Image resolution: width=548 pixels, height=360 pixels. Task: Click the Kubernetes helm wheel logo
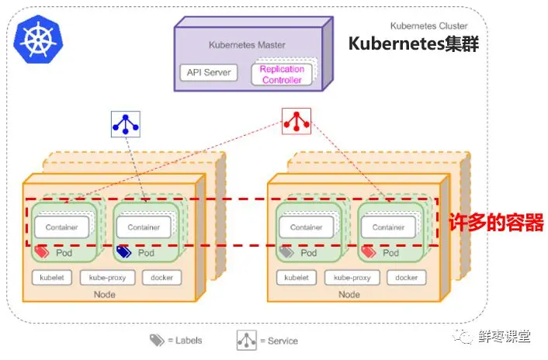pos(38,39)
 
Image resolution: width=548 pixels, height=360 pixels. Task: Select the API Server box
pos(209,73)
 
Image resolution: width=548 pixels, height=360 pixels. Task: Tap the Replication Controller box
pos(282,74)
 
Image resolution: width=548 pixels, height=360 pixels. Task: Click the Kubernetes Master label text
pos(247,45)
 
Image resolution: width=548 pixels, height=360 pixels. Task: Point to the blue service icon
pos(126,124)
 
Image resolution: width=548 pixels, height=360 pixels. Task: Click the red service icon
pos(297,122)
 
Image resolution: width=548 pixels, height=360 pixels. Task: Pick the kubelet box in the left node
pos(52,278)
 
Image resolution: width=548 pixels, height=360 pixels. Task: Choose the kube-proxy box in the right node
pos(352,278)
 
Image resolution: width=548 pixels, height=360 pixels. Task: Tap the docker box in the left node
pos(161,278)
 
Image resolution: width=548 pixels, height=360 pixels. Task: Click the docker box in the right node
pos(407,278)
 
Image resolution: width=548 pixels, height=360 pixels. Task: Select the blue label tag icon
pos(123,251)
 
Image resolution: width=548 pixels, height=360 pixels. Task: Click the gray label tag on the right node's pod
pos(286,251)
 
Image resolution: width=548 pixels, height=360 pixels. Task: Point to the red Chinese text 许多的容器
pos(496,223)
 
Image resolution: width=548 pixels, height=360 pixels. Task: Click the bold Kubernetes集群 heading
pos(414,44)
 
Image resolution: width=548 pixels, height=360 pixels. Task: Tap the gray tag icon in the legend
pos(157,340)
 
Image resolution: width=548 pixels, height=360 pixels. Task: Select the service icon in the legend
pos(246,341)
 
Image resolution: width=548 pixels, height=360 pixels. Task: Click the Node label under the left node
pos(105,295)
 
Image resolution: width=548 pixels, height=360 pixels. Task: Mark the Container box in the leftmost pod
pos(61,227)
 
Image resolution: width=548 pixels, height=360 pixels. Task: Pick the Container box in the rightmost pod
pos(388,227)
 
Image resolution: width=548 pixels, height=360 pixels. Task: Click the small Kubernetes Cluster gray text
pos(428,26)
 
